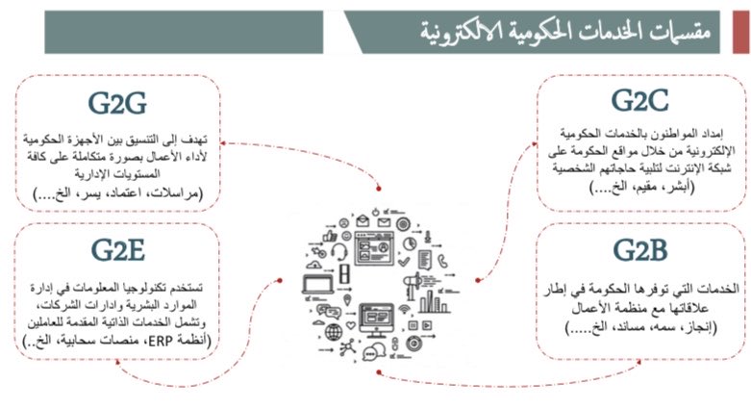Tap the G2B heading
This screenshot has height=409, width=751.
coord(639,252)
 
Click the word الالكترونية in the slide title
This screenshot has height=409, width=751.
coord(476,33)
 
